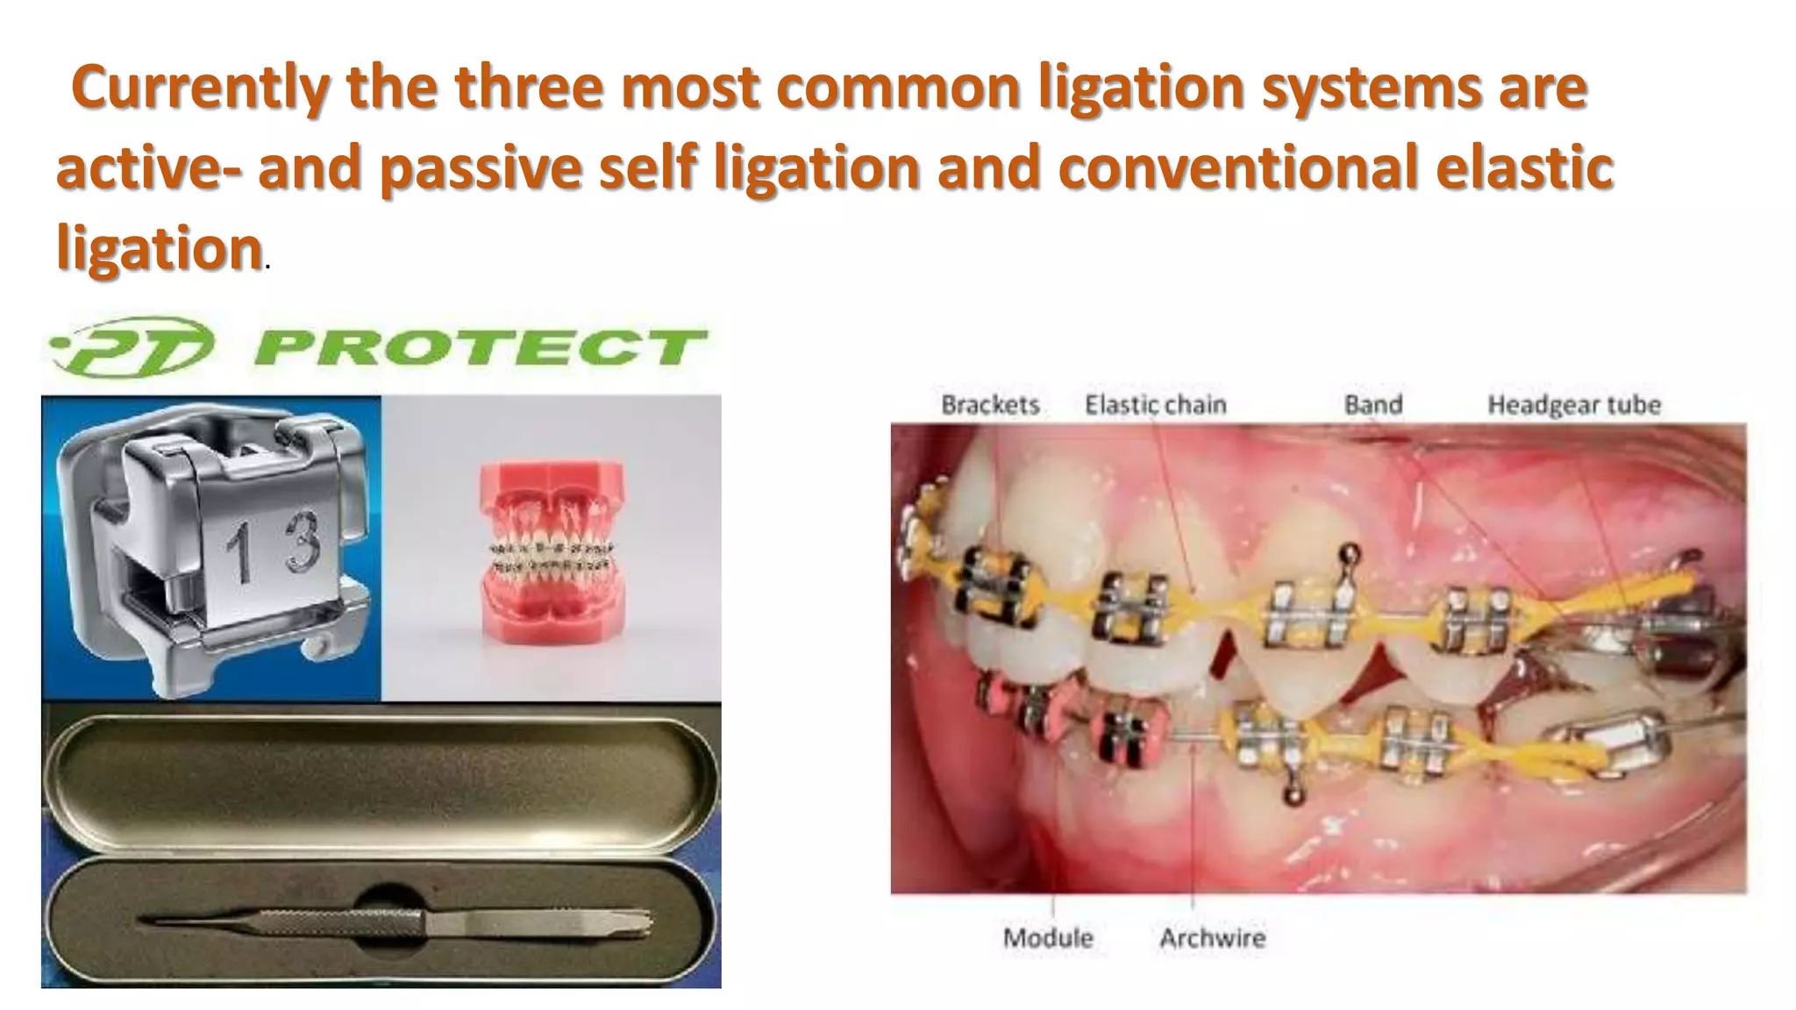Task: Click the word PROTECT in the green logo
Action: click(481, 347)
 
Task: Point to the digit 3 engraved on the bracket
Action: click(301, 541)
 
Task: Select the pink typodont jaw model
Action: click(552, 554)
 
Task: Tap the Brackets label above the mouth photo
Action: click(990, 405)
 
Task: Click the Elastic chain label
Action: click(1155, 405)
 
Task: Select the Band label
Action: click(1373, 405)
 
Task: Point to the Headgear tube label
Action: click(1574, 405)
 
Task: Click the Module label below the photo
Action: click(1048, 938)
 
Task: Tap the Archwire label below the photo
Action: click(1212, 938)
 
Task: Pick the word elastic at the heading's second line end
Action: click(1528, 167)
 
